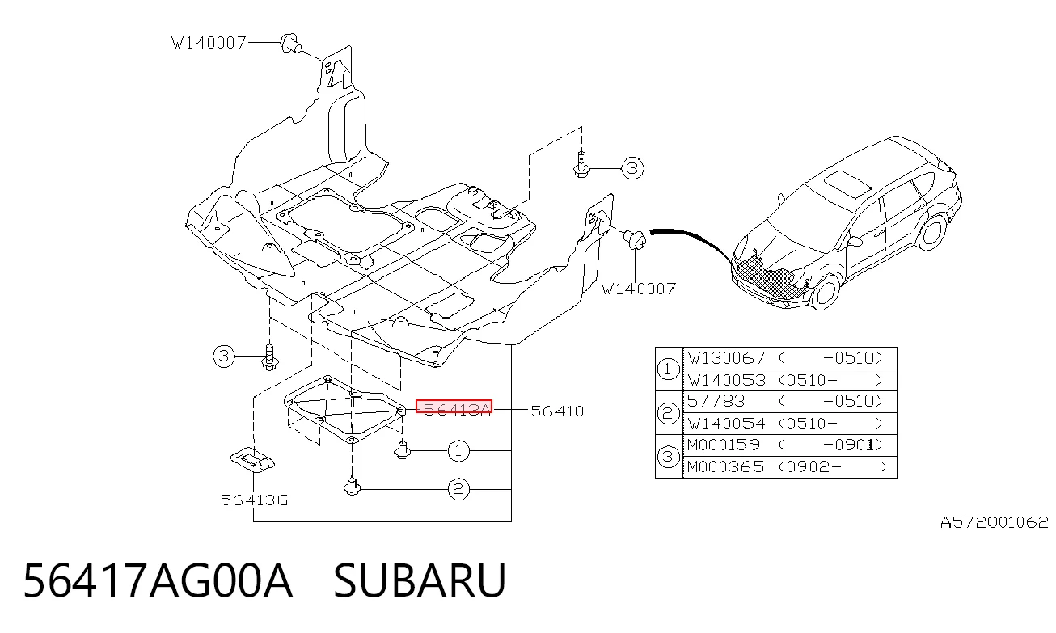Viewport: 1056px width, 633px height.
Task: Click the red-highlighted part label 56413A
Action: (x=454, y=407)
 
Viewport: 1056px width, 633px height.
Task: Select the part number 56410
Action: (x=557, y=411)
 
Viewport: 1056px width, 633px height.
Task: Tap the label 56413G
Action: (x=254, y=500)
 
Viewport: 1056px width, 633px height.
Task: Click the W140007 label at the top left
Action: (x=209, y=43)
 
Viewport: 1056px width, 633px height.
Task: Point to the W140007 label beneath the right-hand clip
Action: (x=639, y=289)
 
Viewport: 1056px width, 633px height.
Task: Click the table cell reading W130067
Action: (x=726, y=358)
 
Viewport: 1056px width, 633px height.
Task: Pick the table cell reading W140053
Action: (x=726, y=380)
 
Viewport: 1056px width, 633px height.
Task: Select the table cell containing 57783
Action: (x=716, y=401)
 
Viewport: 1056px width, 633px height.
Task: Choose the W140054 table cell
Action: (x=726, y=424)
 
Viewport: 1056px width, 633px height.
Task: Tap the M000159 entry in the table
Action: (x=724, y=445)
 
